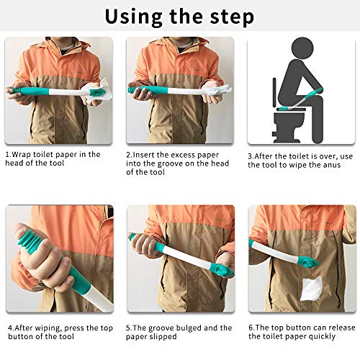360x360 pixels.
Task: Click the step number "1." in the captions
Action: tap(9, 154)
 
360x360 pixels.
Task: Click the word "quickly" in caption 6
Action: tap(335, 338)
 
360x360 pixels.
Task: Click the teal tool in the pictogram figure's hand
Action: tap(310, 101)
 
